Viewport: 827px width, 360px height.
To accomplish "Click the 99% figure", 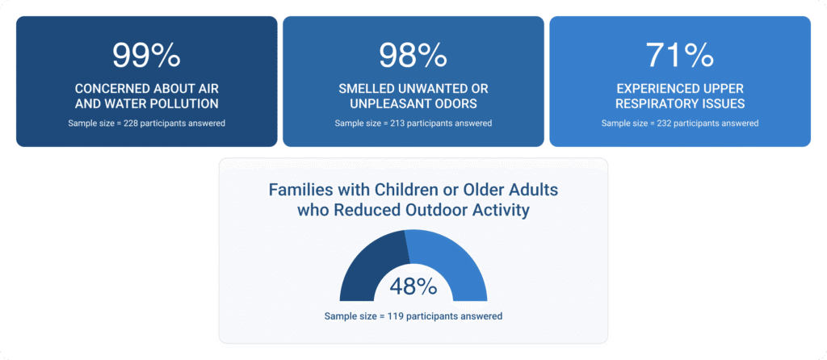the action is (x=146, y=55).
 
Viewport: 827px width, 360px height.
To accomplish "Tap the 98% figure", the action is (x=413, y=55).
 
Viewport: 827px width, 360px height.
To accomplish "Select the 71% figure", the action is (x=680, y=55).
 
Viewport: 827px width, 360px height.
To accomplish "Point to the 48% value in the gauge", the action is (x=413, y=287).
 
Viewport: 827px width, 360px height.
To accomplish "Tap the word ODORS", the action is (x=458, y=103).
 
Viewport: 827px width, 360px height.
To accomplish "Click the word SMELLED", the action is (x=367, y=88).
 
